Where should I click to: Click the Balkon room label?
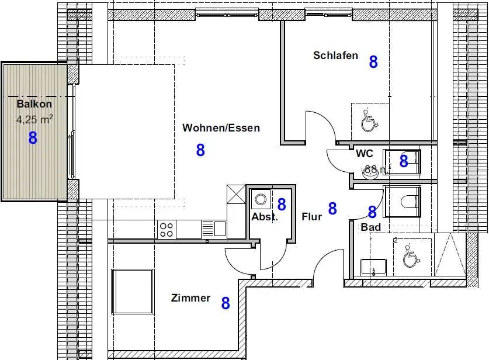coord(34,104)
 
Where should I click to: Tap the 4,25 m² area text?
coord(35,120)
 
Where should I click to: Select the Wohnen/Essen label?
coord(221,127)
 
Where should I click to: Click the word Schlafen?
coord(335,56)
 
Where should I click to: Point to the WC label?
coord(365,154)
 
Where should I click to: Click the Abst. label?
coord(265,217)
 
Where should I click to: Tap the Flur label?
coord(312,217)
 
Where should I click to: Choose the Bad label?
coord(371,227)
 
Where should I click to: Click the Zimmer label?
coord(190,298)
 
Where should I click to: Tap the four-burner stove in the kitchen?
coord(167,229)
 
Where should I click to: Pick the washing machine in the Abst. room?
coord(260,200)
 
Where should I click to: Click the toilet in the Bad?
coord(407,200)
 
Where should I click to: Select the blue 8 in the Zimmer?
coord(225,303)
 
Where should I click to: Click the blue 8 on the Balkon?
coord(33,138)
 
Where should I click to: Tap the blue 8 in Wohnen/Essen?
coord(200,150)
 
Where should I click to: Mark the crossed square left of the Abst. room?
coord(235,193)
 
